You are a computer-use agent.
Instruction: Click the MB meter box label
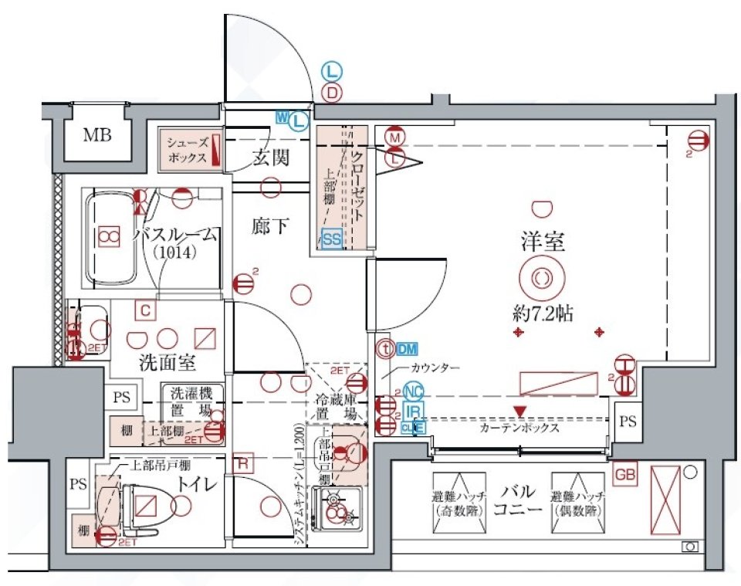[x=97, y=137]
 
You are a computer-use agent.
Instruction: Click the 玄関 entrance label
[x=270, y=158]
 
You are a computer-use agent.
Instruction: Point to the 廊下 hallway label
[x=270, y=226]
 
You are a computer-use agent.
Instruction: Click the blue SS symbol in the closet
[x=332, y=239]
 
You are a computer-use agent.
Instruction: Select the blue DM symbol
[x=408, y=349]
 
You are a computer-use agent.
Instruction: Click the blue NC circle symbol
[x=413, y=391]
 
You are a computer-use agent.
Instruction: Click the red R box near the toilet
[x=242, y=464]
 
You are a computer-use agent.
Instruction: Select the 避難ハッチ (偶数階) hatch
[x=577, y=503]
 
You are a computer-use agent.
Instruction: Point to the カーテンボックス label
[x=519, y=428]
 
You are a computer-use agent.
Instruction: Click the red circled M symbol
[x=395, y=137]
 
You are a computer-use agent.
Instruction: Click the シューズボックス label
[x=188, y=150]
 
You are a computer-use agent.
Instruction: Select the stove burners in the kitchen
[x=337, y=510]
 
